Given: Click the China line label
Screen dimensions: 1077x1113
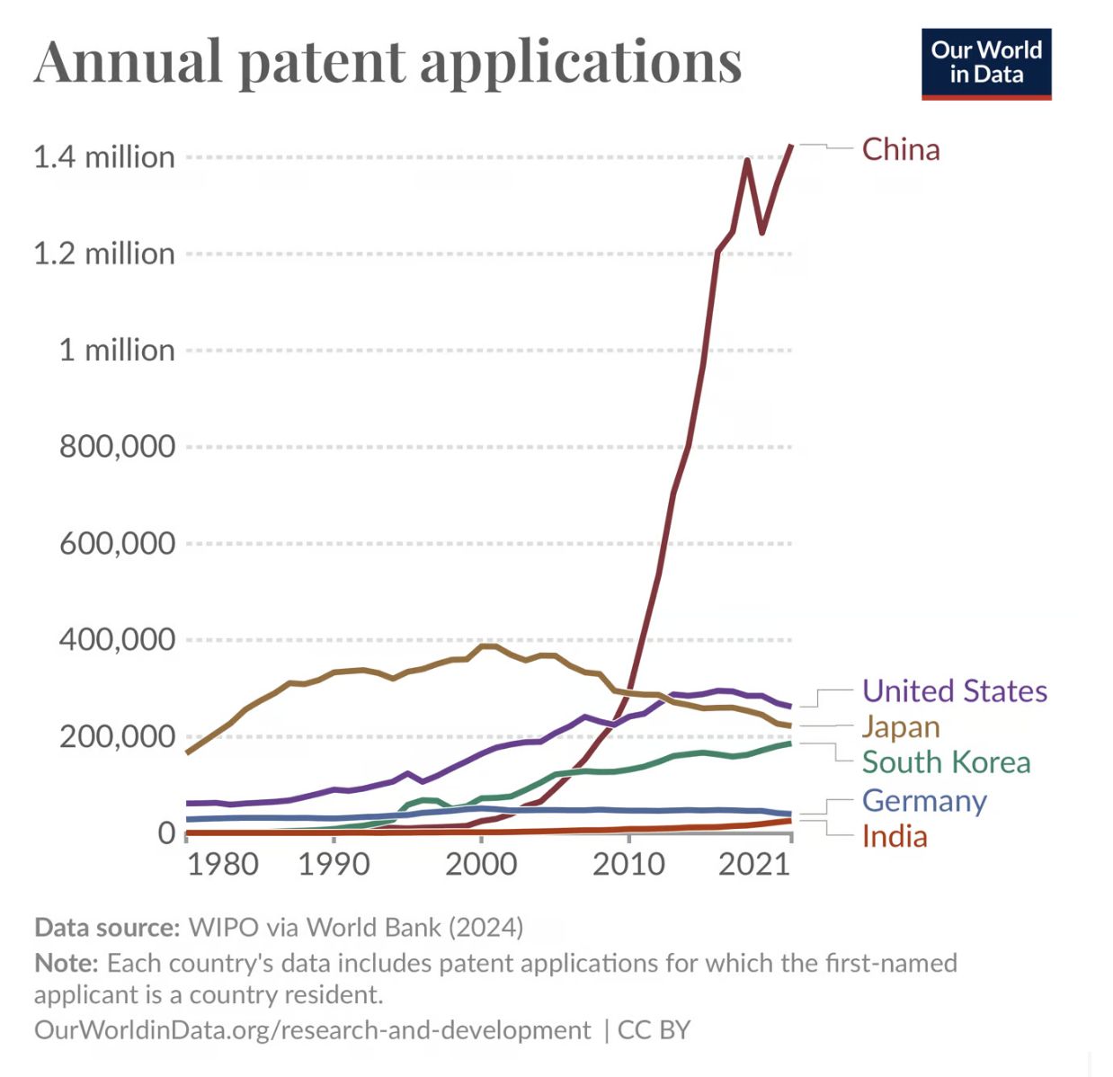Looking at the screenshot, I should click(x=900, y=149).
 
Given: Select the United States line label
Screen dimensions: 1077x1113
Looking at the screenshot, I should click(x=954, y=690).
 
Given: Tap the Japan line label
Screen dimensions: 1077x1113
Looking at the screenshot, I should click(x=900, y=726).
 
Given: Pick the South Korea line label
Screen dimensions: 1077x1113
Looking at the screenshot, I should click(x=946, y=762).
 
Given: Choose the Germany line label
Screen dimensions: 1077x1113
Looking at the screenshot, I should click(x=924, y=800).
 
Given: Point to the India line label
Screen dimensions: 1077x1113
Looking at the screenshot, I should click(x=894, y=836).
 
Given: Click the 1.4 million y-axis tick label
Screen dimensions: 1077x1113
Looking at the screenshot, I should click(x=104, y=157).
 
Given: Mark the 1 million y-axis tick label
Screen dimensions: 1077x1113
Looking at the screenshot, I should click(x=117, y=350).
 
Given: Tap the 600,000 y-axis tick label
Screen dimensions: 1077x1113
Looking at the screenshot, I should click(x=117, y=543).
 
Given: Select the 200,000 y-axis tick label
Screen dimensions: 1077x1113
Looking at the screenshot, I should click(x=117, y=736).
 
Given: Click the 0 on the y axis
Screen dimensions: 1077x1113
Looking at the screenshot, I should click(x=166, y=832).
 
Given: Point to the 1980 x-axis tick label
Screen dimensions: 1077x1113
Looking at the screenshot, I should click(x=222, y=865).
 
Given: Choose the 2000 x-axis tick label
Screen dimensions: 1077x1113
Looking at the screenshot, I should click(x=481, y=865).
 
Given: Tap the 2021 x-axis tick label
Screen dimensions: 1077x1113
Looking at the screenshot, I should click(x=754, y=865).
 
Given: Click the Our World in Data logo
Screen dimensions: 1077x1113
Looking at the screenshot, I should click(x=986, y=64).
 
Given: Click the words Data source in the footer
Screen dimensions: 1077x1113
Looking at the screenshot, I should click(x=107, y=927).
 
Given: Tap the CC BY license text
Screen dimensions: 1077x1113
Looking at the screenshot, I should click(x=654, y=1029).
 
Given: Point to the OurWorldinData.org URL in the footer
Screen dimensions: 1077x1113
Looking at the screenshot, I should click(x=312, y=1029).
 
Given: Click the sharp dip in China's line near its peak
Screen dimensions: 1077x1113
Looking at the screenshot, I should click(x=762, y=232).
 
